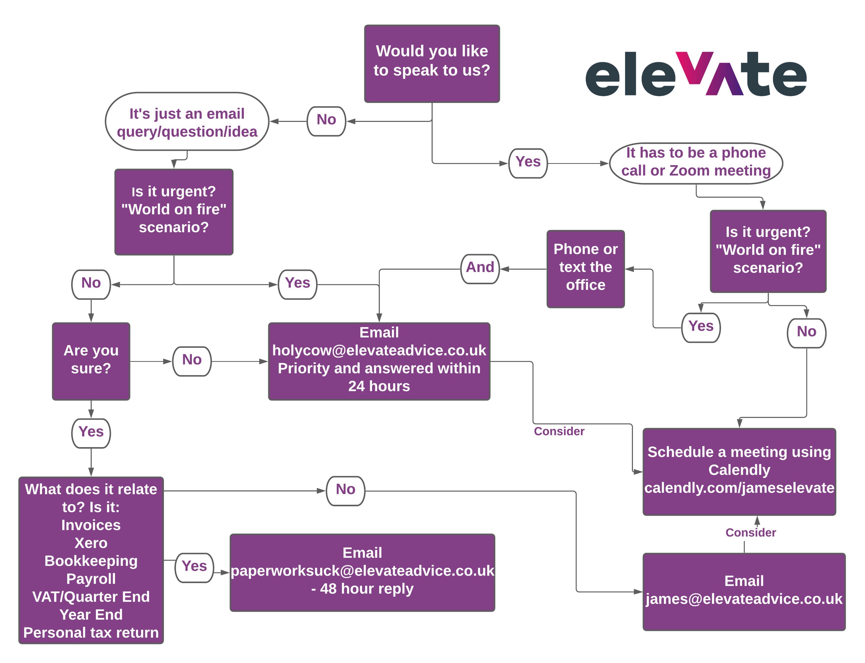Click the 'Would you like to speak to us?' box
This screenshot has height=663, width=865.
[x=432, y=64]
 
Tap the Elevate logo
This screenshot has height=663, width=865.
[x=696, y=74]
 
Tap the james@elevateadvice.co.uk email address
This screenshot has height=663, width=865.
[x=744, y=599]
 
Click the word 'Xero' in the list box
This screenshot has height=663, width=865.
[x=91, y=543]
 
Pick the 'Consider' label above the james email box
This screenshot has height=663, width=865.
[x=751, y=533]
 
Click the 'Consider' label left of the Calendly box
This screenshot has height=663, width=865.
[x=559, y=431]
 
